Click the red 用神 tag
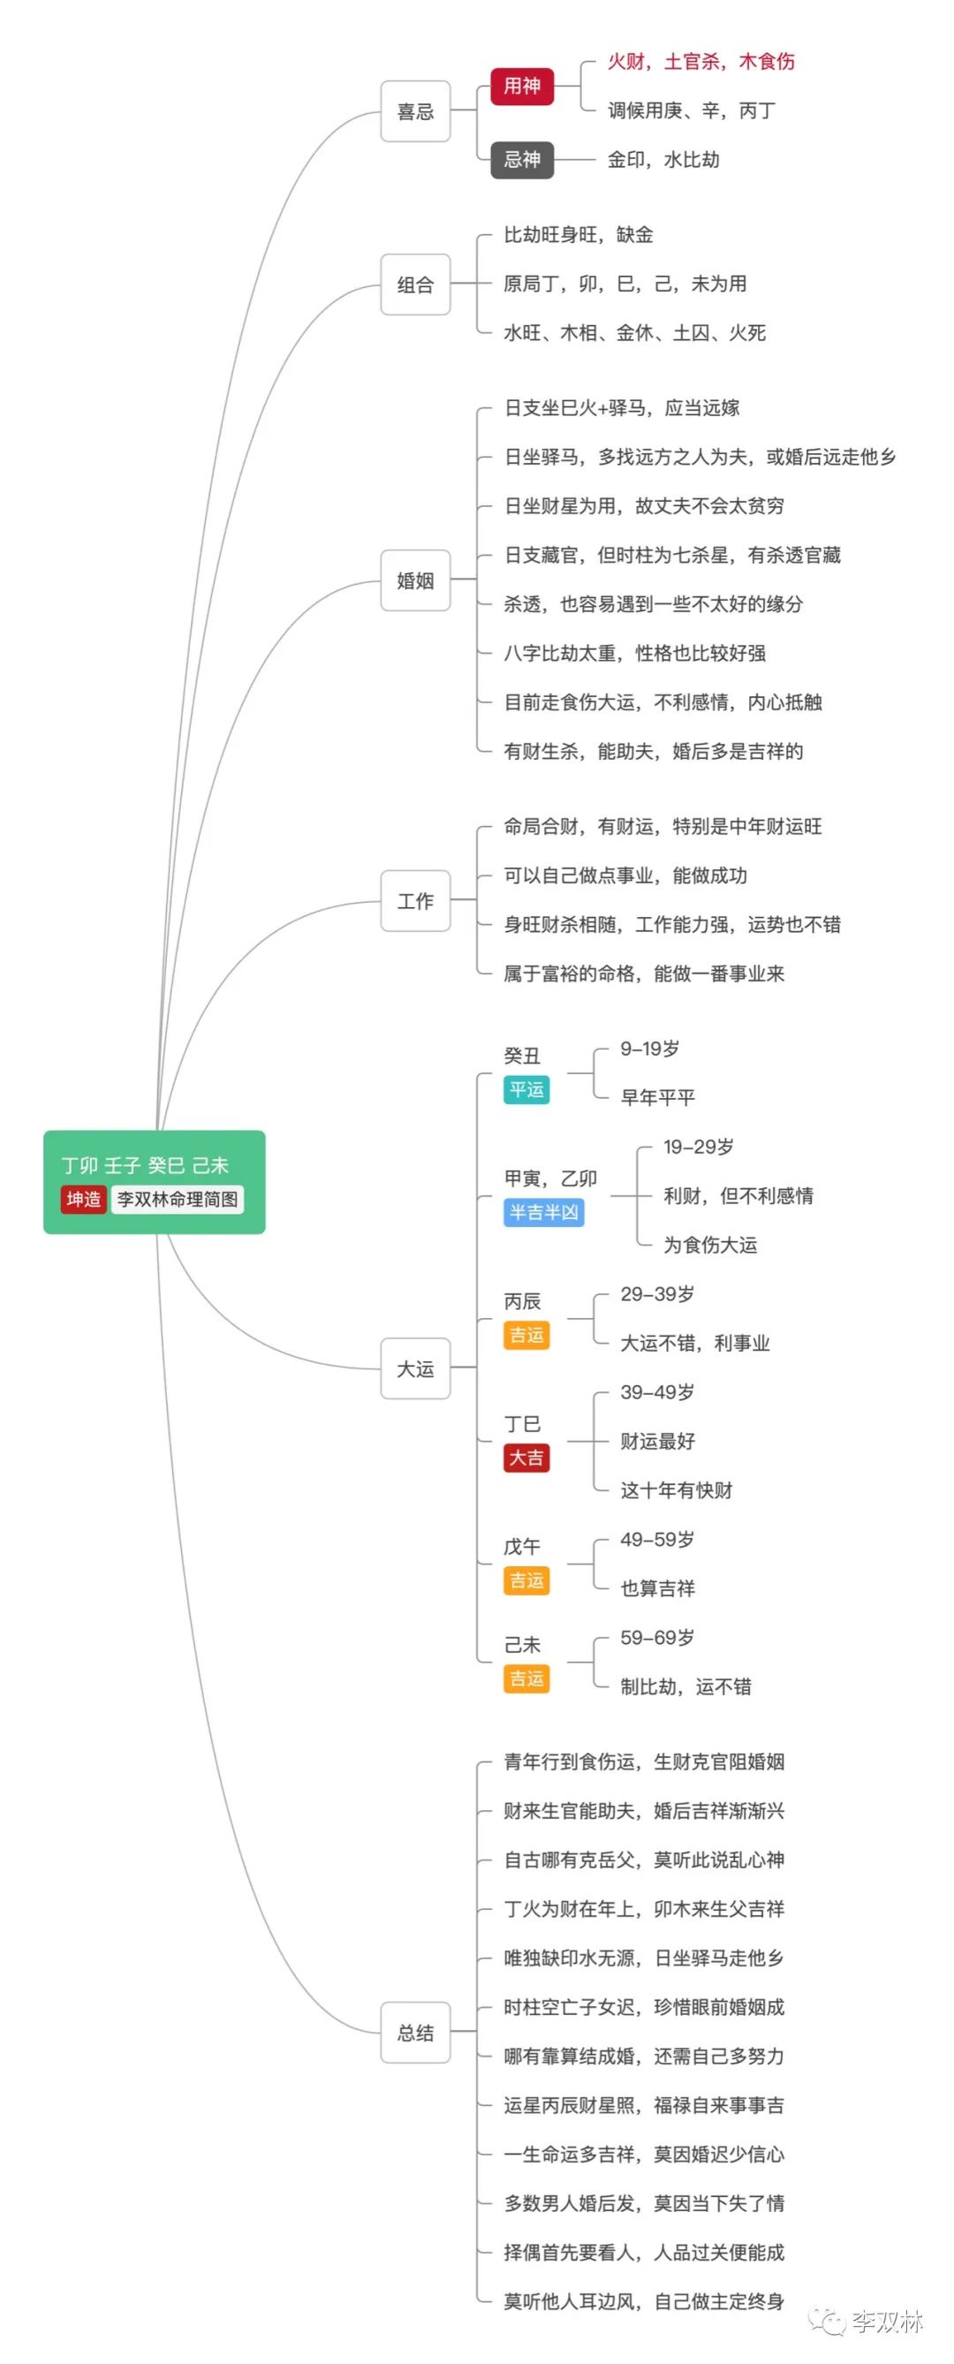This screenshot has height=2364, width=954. pos(522,87)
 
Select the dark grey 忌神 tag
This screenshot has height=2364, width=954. pos(522,160)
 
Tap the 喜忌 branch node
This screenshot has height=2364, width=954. pos(415,112)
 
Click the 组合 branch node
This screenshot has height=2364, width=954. pos(415,284)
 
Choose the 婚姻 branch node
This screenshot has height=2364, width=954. pos(415,580)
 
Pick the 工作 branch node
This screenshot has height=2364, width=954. pos(415,901)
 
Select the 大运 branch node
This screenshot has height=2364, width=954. pos(415,1368)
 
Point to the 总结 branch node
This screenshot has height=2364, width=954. pos(415,2032)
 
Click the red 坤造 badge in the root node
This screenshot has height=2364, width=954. pos(83,1200)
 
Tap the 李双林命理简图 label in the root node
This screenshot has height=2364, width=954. pos(178,1200)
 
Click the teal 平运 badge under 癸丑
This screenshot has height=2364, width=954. pos(526,1089)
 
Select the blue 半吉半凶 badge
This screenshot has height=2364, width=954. pos(544,1212)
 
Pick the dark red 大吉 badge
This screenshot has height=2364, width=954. pos(526,1458)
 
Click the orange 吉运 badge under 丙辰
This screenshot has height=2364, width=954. pos(526,1335)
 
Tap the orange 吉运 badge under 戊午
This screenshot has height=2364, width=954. pos(526,1580)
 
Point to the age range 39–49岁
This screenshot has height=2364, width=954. pos(657,1392)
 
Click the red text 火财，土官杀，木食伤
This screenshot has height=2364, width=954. pos(700,62)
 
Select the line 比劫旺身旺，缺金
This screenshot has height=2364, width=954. pos(578,235)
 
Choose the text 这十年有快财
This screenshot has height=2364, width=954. pos(676,1490)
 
